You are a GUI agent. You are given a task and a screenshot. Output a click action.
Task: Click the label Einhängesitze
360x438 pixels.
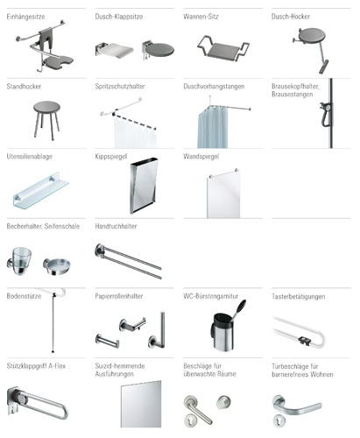tap(25, 17)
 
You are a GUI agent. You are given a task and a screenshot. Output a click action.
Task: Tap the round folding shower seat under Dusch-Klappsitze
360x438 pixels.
tap(160, 50)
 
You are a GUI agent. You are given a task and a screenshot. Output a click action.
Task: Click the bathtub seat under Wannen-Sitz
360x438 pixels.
tap(223, 48)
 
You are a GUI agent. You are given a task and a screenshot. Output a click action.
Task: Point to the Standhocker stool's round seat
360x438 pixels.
tap(46, 107)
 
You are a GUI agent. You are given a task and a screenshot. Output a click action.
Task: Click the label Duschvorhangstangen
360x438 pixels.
tap(214, 87)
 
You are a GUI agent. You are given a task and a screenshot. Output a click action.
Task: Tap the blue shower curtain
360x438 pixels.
tap(213, 128)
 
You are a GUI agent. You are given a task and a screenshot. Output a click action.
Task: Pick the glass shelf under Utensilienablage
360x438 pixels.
tap(41, 190)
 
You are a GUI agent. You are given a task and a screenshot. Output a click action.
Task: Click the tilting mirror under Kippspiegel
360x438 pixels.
tap(144, 186)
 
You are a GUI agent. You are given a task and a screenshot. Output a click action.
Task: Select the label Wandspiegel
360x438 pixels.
tap(201, 157)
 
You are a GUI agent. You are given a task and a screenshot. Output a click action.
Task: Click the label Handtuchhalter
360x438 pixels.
tap(116, 226)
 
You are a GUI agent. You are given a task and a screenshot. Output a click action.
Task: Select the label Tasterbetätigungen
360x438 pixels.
tap(298, 297)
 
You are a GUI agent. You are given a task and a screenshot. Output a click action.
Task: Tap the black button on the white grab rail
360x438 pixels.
tap(304, 340)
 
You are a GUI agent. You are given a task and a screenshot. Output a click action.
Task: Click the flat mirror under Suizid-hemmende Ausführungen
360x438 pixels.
tap(141, 404)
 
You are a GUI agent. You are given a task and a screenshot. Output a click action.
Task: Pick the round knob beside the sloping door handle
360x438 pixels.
tap(223, 402)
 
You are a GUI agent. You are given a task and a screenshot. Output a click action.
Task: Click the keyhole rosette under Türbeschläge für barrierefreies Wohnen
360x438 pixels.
tap(279, 421)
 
